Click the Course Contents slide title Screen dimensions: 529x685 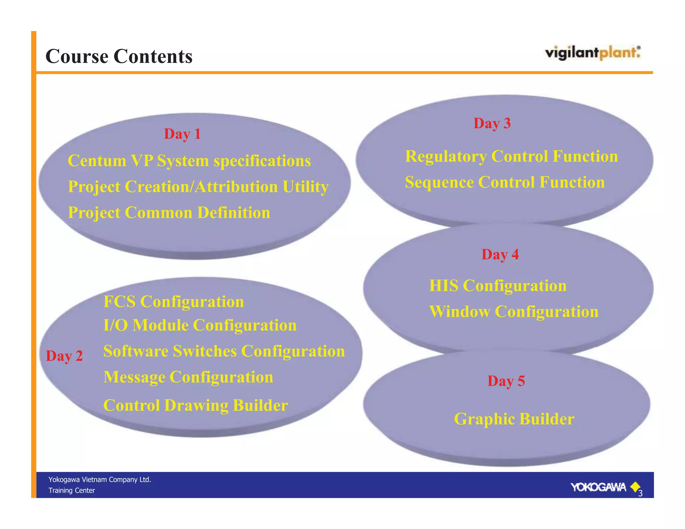pos(119,56)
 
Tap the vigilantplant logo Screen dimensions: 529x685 pos(593,53)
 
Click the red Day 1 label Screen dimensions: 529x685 pos(182,134)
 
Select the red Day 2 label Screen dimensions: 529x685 pos(64,356)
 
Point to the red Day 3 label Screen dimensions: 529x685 pos(492,123)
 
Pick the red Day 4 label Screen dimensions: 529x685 pos(500,254)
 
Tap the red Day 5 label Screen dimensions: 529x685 pos(506,381)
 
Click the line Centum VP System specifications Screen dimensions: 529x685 pos(189,161)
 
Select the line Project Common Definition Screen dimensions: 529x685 pos(169,213)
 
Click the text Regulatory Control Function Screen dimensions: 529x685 pos(511,156)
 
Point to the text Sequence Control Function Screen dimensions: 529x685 pos(505,183)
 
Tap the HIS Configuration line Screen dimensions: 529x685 pos(498,286)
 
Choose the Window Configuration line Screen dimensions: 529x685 pos(514,312)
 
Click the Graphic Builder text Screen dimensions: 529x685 pos(514,419)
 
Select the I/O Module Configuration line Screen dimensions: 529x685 pos(200,325)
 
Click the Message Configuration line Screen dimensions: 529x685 pos(188,377)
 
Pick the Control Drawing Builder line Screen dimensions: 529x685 pos(196,405)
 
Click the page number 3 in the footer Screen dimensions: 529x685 pos(640,494)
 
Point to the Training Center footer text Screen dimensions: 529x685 pos(72,491)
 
